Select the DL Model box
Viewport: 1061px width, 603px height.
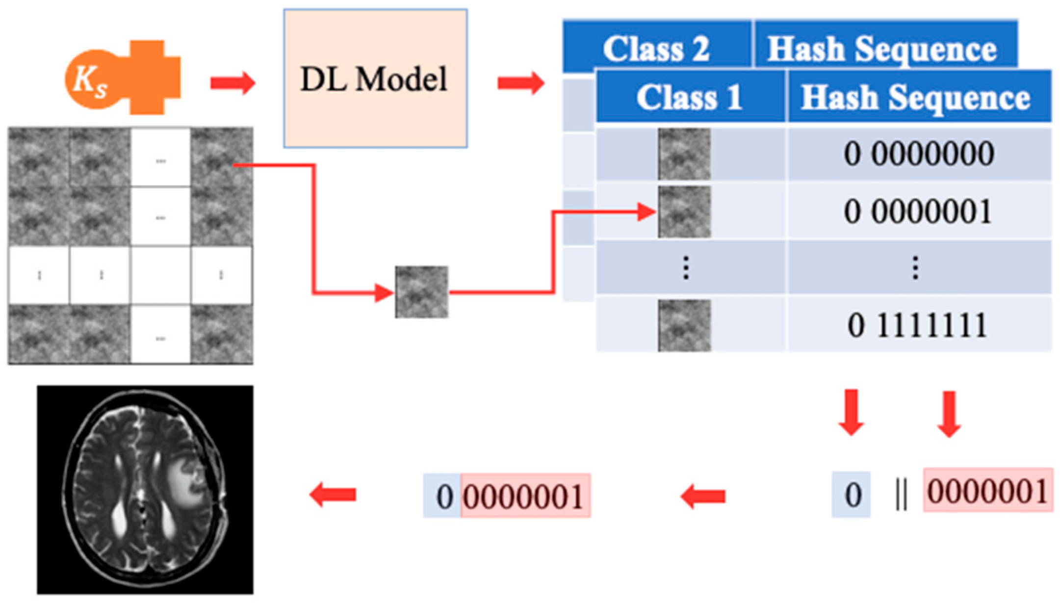coord(375,79)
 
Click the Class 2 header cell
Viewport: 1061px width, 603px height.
coord(656,49)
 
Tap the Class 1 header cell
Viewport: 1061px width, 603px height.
coord(689,97)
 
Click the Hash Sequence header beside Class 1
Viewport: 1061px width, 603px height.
coord(915,97)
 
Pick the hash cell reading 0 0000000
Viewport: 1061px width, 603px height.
coord(919,154)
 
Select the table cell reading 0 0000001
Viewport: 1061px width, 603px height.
coord(919,212)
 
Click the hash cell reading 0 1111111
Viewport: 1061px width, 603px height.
coord(919,325)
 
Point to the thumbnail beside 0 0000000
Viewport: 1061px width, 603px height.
coord(684,154)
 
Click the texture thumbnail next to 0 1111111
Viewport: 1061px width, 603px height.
coord(684,326)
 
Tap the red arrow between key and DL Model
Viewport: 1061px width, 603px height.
coord(233,82)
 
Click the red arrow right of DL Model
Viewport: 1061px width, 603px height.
coord(520,82)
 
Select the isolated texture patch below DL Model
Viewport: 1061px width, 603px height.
coord(421,292)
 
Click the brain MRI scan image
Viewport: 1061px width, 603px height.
coord(145,490)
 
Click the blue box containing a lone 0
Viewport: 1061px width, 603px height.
coord(851,495)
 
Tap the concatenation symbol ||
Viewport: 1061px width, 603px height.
coord(901,495)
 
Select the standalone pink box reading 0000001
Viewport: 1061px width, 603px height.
coord(987,491)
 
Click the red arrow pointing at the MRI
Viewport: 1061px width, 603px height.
coord(333,495)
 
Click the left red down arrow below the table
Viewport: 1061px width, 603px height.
coord(851,412)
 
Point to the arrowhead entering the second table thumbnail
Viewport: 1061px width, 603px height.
coord(647,212)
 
